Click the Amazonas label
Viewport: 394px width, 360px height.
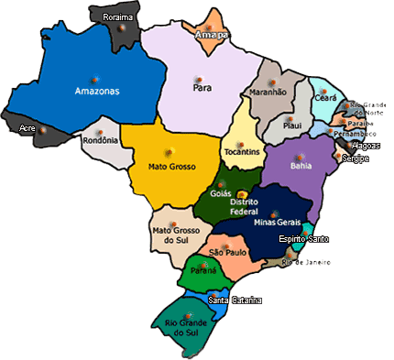click(x=98, y=92)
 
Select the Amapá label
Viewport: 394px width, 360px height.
click(x=212, y=35)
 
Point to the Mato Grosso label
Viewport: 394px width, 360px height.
click(x=172, y=167)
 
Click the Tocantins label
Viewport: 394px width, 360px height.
click(x=243, y=151)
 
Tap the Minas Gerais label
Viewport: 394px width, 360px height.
click(x=278, y=223)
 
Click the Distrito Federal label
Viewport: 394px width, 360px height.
click(x=244, y=207)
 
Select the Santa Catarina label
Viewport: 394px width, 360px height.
click(x=235, y=300)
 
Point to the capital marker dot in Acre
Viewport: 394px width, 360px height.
click(x=42, y=132)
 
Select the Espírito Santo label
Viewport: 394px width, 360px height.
click(x=305, y=239)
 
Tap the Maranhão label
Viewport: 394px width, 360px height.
click(x=268, y=92)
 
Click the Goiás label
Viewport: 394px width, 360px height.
click(x=219, y=195)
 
